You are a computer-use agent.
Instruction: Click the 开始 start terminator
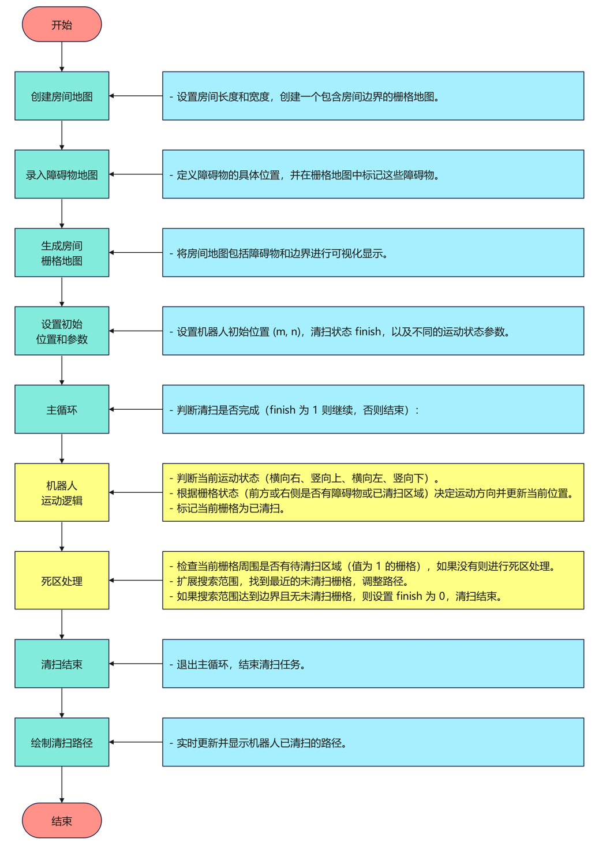click(x=62, y=25)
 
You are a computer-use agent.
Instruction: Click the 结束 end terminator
click(x=62, y=820)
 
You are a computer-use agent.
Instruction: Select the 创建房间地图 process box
click(x=62, y=96)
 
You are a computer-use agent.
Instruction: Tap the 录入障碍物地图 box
click(x=62, y=174)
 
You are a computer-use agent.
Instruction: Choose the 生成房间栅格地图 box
click(x=62, y=253)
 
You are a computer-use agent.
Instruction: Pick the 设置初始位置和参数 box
click(x=62, y=331)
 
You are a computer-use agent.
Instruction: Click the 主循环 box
click(x=62, y=409)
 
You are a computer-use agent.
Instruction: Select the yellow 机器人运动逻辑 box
click(x=62, y=492)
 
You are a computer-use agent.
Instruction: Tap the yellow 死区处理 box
click(x=62, y=581)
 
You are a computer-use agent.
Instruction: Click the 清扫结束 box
click(x=62, y=664)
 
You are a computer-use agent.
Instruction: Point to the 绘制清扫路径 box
click(x=62, y=742)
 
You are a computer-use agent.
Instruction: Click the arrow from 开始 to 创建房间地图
click(x=62, y=57)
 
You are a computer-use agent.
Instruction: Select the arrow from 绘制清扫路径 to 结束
click(x=62, y=784)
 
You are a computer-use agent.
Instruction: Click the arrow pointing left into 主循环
click(x=136, y=409)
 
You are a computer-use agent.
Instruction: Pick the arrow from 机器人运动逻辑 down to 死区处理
click(x=62, y=536)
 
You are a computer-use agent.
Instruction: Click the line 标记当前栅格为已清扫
click(x=230, y=508)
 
